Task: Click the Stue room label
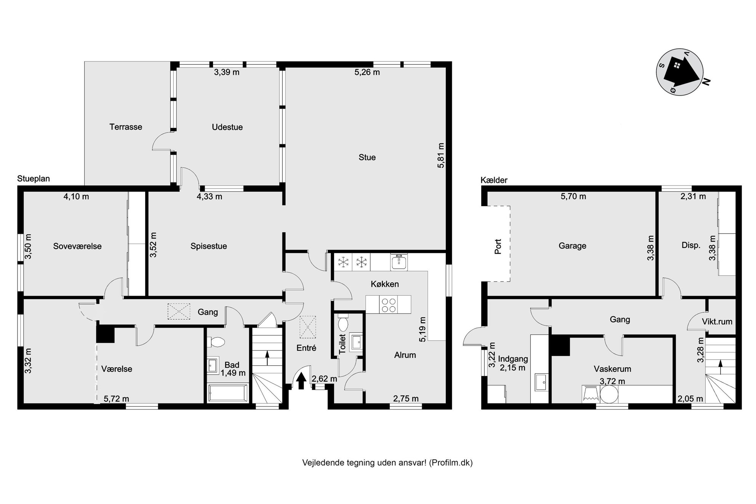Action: (367, 157)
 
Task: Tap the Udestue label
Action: (227, 127)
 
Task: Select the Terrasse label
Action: (126, 127)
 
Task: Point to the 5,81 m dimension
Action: (441, 155)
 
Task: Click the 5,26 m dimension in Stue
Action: (367, 72)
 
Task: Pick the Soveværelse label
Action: (77, 246)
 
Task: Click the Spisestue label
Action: (209, 246)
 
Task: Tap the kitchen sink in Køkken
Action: (399, 262)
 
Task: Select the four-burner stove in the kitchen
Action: (388, 304)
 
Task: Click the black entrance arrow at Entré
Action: (301, 380)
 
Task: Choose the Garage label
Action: (572, 246)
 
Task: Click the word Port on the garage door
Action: (498, 246)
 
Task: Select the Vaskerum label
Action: (612, 369)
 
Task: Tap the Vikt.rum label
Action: (717, 322)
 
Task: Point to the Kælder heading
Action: (494, 180)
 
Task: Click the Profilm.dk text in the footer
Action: (451, 463)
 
